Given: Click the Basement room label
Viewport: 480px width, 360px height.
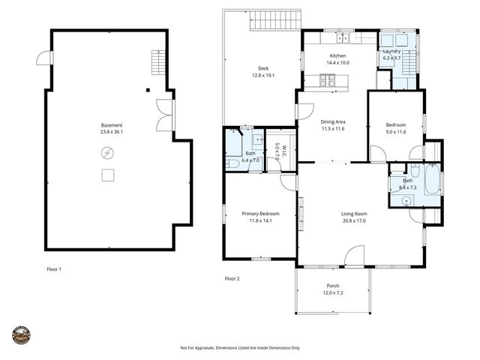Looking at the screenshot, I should point(112,125).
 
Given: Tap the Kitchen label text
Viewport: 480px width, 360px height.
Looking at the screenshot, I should point(338,56).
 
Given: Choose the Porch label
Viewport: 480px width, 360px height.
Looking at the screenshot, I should point(333,286).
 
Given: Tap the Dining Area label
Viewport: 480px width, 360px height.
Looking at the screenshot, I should point(333,122).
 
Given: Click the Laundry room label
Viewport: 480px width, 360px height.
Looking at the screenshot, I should point(392,51).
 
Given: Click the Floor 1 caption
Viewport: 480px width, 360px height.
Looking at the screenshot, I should point(54,268).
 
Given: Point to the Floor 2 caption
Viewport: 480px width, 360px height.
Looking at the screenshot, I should point(232,278).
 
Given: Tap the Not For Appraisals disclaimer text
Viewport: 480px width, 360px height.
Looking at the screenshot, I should point(240,348).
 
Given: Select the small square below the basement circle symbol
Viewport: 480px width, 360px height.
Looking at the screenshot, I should point(108,175).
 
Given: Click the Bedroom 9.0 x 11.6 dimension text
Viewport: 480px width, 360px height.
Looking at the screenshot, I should point(395,132).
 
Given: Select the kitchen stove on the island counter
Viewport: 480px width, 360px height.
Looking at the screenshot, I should point(327,80).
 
